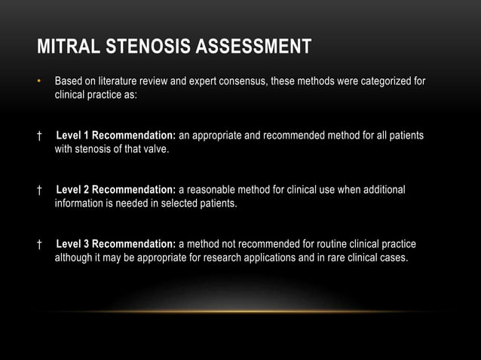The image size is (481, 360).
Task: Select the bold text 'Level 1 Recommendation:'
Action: tap(116, 136)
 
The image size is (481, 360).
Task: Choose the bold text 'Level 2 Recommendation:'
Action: tap(116, 190)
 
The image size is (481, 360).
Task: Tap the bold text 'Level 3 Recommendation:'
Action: tap(116, 244)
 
